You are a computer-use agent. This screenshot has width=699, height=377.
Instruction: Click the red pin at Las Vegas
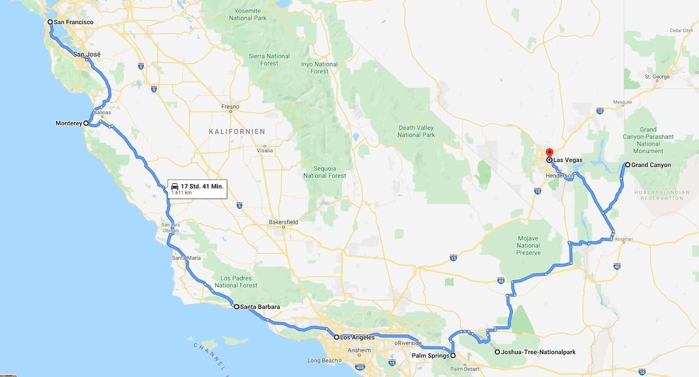tap(549, 153)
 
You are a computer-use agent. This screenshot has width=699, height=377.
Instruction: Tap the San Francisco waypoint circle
tap(50, 22)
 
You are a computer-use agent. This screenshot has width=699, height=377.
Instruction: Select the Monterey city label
tap(68, 123)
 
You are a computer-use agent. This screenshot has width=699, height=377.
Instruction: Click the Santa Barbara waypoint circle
tap(236, 307)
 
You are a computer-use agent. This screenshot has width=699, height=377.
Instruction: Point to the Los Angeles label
tap(357, 337)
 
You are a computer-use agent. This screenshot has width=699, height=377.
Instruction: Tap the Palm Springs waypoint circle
tap(453, 356)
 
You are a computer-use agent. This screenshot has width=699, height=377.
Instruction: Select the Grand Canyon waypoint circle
tap(627, 165)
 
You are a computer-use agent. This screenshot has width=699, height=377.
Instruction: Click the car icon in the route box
tap(175, 186)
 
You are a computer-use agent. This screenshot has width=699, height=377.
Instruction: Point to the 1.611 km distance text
tap(181, 193)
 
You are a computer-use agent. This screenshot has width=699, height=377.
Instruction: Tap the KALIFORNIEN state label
tap(237, 131)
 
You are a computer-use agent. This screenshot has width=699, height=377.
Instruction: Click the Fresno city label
tap(230, 106)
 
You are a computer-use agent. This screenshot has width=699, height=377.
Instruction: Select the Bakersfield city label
tap(283, 222)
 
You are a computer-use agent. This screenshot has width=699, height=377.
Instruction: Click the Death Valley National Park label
tap(416, 131)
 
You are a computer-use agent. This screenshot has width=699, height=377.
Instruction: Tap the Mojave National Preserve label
tap(528, 246)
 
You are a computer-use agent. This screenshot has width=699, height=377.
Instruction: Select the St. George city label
tap(657, 77)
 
